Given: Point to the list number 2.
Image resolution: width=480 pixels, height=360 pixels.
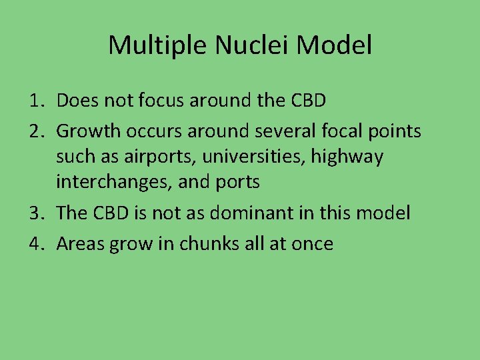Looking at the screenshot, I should point(36,131).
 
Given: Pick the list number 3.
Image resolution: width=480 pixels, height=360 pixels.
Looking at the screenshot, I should point(36,213).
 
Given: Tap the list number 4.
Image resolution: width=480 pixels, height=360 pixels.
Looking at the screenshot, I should point(36,244).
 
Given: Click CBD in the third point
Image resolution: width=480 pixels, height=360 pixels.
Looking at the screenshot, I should point(115,213).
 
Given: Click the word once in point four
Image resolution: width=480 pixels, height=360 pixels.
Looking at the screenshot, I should point(312,244).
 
